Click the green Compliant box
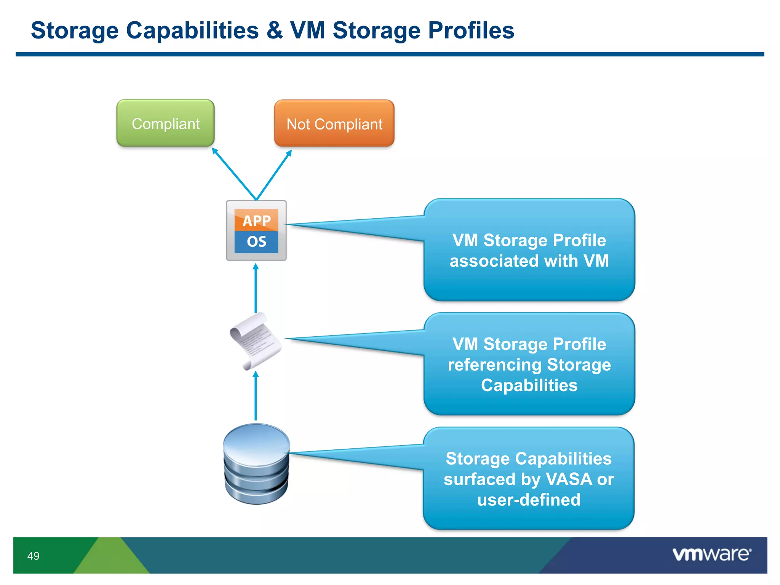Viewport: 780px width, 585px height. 165,123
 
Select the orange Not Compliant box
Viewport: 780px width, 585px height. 334,124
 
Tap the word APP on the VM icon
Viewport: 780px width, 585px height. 256,221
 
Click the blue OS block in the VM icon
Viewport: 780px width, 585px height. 256,242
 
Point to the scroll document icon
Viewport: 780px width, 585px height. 255,341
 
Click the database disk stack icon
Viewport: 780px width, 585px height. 256,464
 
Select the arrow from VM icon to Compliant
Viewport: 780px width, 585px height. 234,173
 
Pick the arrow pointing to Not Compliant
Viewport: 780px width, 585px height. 274,174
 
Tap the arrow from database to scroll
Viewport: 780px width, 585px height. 256,396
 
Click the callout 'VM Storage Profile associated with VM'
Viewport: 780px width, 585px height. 529,250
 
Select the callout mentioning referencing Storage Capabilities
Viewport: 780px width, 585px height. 529,364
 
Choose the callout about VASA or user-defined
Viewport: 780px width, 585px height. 529,479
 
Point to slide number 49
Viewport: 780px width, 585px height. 33,556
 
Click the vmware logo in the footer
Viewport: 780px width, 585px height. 711,554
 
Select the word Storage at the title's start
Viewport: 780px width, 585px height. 75,30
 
